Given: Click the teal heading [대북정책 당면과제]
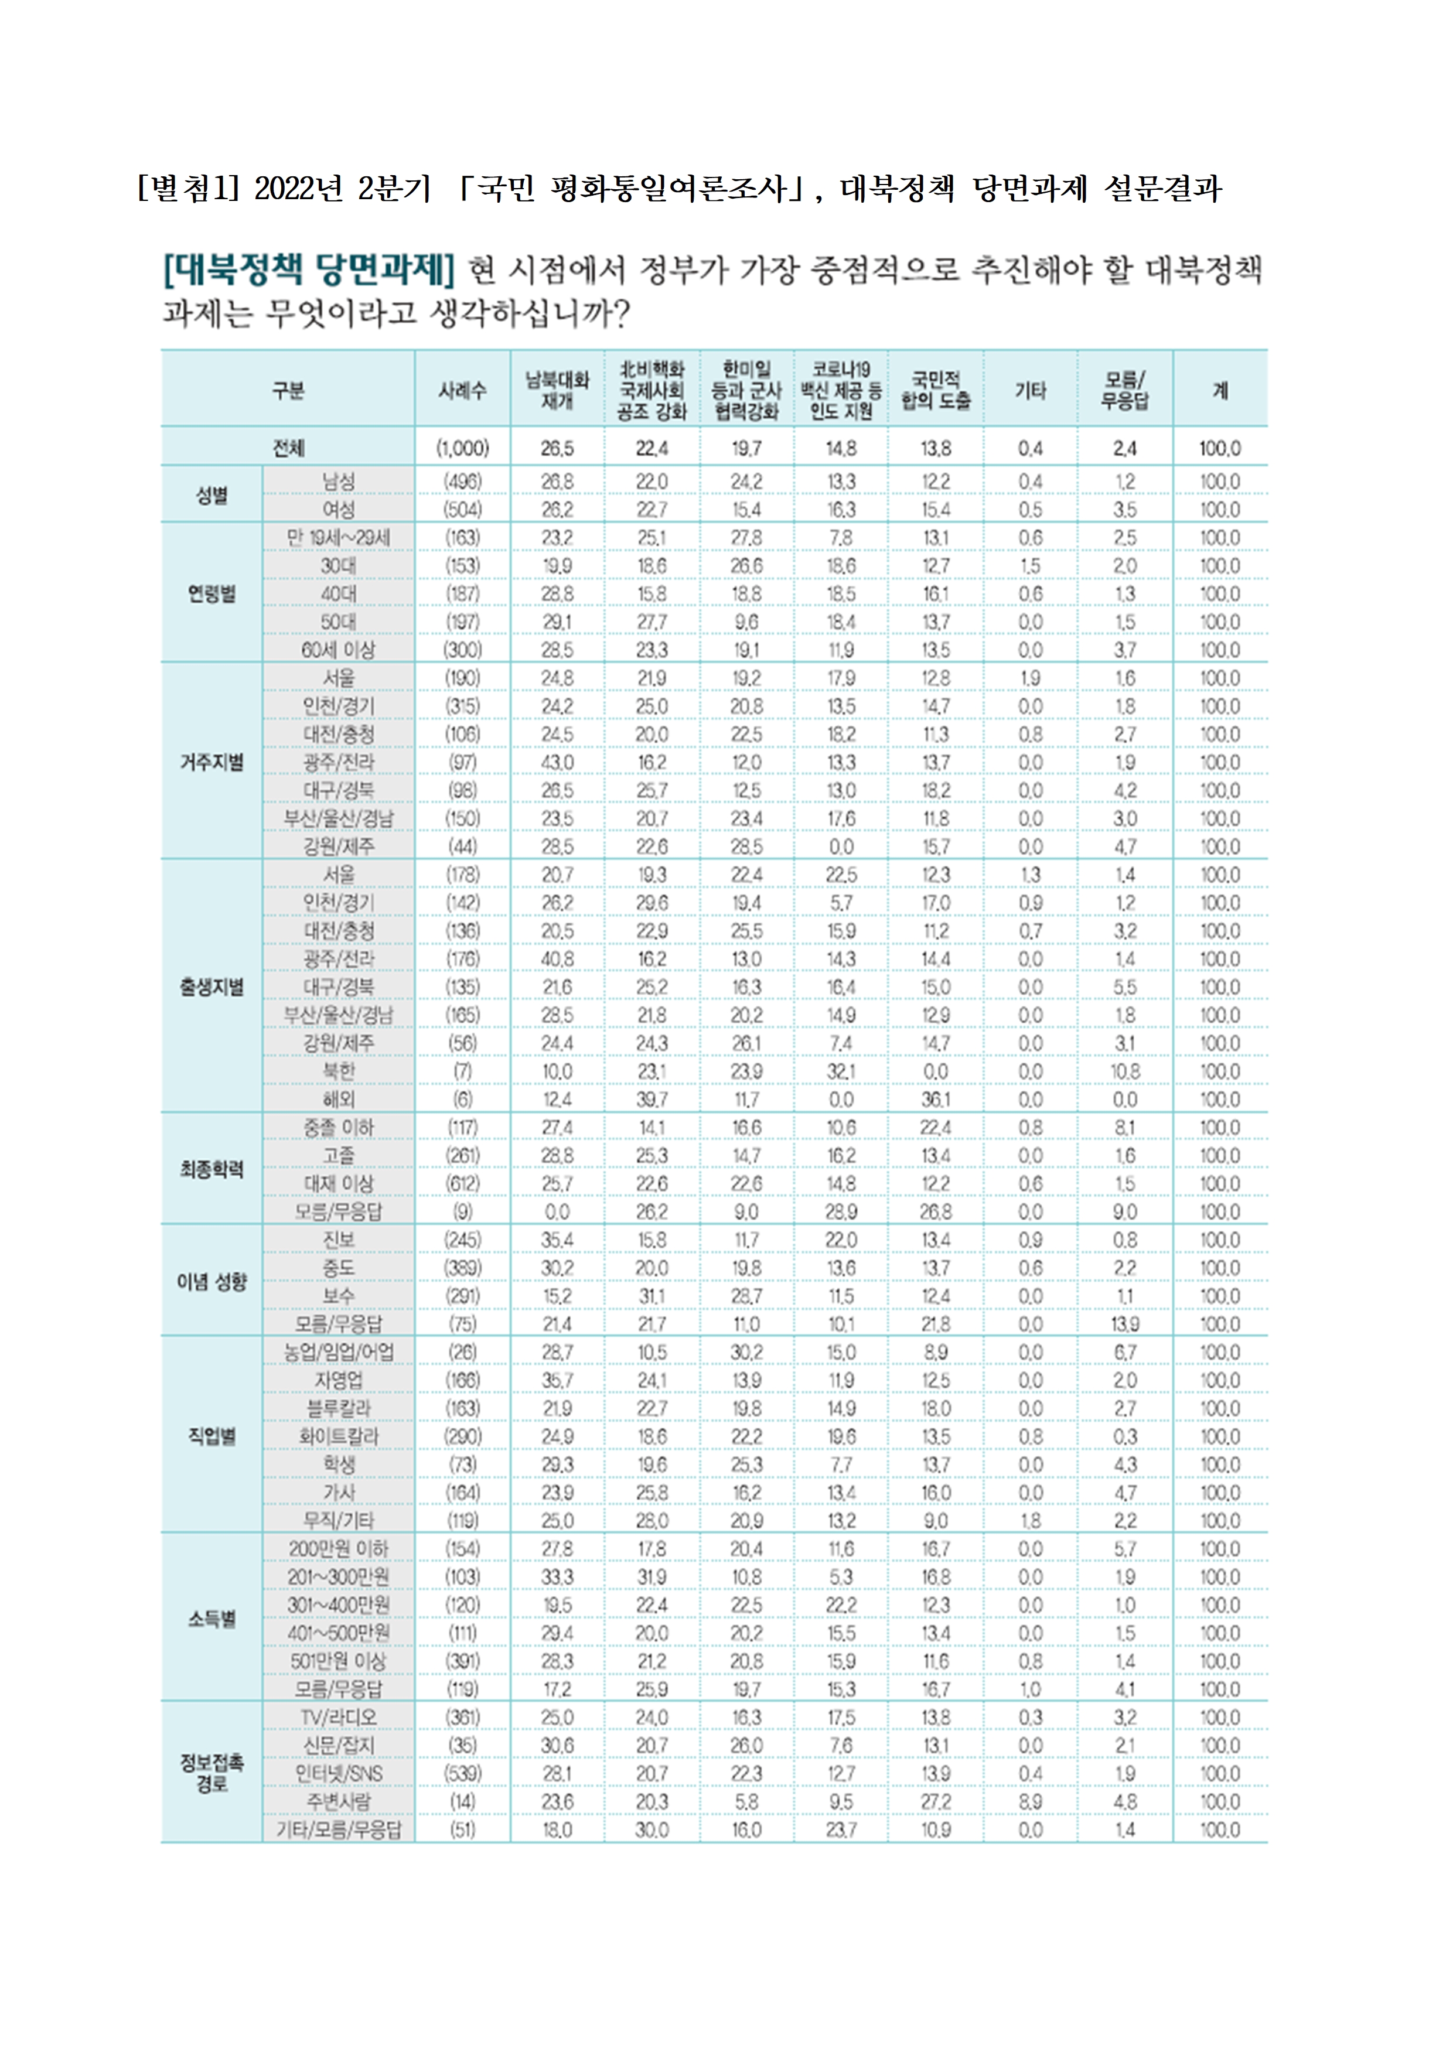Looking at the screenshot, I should pos(309,268).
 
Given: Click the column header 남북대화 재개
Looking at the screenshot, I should pos(557,390).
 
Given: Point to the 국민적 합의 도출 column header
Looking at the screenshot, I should pos(936,390).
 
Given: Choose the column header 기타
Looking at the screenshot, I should pos(1031,390).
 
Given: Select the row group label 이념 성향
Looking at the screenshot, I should pos(212,1282).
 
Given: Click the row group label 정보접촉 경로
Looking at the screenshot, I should pos(212,1772).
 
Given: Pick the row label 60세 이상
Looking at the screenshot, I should pos(339,650).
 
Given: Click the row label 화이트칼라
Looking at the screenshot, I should pos(339,1436).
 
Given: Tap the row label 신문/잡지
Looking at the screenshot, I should pos(339,1745).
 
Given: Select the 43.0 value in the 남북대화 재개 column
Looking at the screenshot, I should pos(557,763).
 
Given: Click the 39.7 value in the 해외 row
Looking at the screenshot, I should pos(652,1099).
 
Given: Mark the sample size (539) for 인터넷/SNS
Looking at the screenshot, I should pos(463,1773).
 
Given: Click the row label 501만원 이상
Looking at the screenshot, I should pos(339,1661).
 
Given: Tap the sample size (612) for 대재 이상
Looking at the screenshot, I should pos(463,1183).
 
